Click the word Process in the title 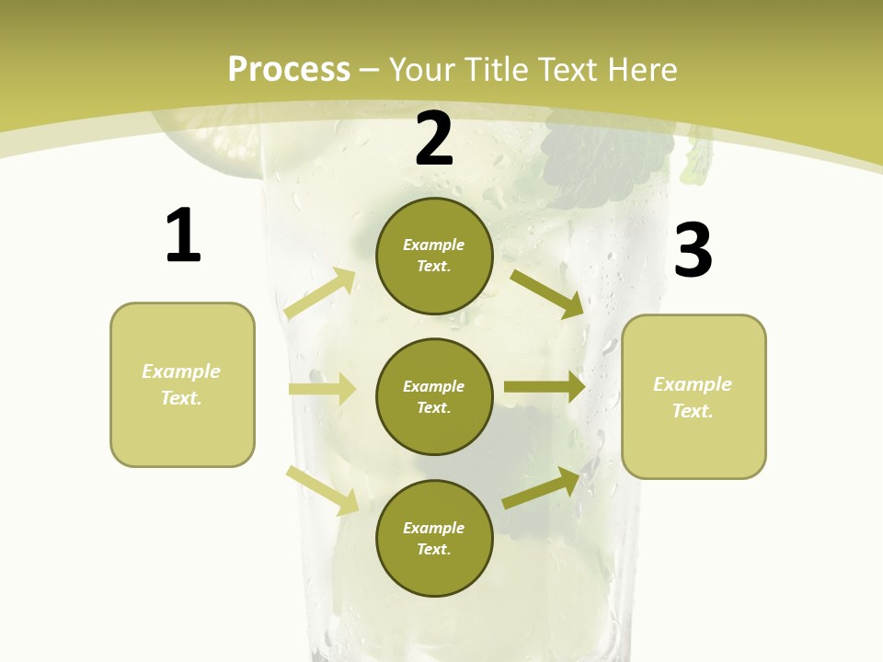pyautogui.click(x=289, y=70)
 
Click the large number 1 pyautogui.click(x=183, y=235)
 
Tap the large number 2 pyautogui.click(x=434, y=139)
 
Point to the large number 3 pyautogui.click(x=693, y=251)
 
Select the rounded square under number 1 pyautogui.click(x=182, y=384)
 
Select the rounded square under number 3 pyautogui.click(x=694, y=397)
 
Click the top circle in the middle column pyautogui.click(x=434, y=256)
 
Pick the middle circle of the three pyautogui.click(x=434, y=397)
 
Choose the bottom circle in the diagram pyautogui.click(x=434, y=539)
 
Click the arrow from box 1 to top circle pyautogui.click(x=320, y=293)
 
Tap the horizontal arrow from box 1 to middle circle pyautogui.click(x=322, y=389)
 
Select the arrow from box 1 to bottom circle pyautogui.click(x=322, y=490)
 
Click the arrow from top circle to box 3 pyautogui.click(x=546, y=293)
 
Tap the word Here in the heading pyautogui.click(x=644, y=70)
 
